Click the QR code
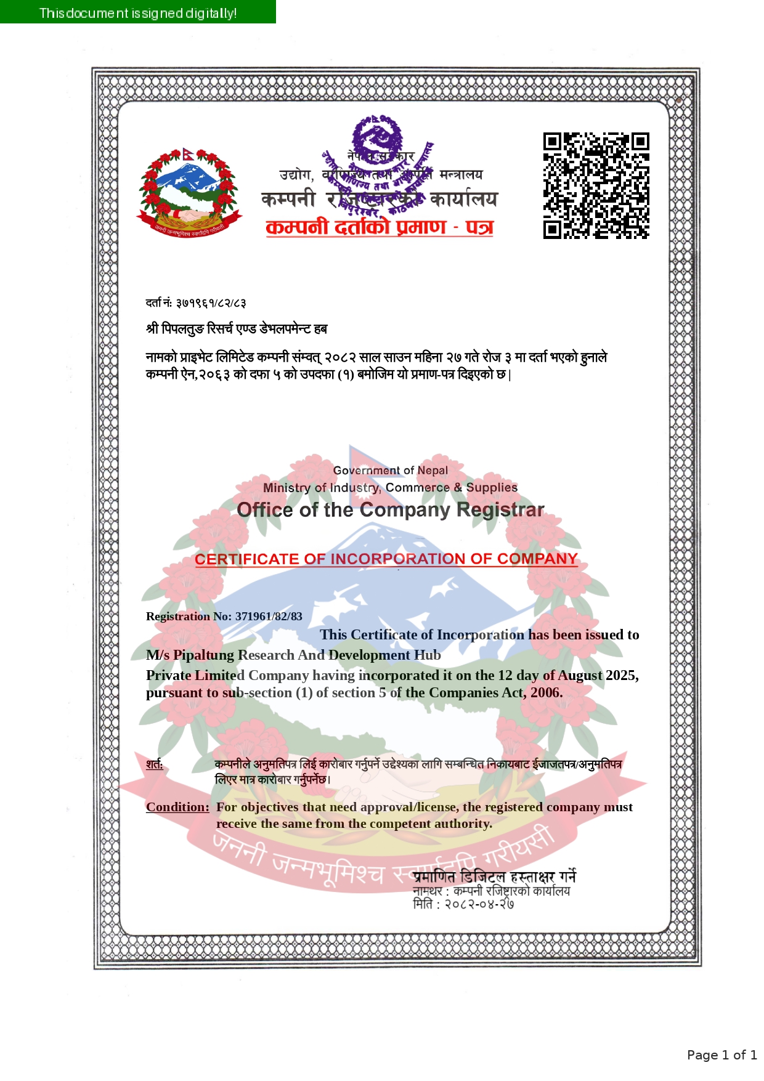point(596,185)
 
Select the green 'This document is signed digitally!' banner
point(138,12)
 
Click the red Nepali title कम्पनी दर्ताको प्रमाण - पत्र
point(380,227)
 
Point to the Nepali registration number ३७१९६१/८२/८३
point(211,303)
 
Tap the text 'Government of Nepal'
point(390,471)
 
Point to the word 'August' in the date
point(580,675)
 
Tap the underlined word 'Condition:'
point(177,807)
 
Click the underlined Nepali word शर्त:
point(155,764)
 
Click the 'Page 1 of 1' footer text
point(722,1055)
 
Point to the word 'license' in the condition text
point(437,807)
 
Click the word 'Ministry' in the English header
point(286,488)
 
